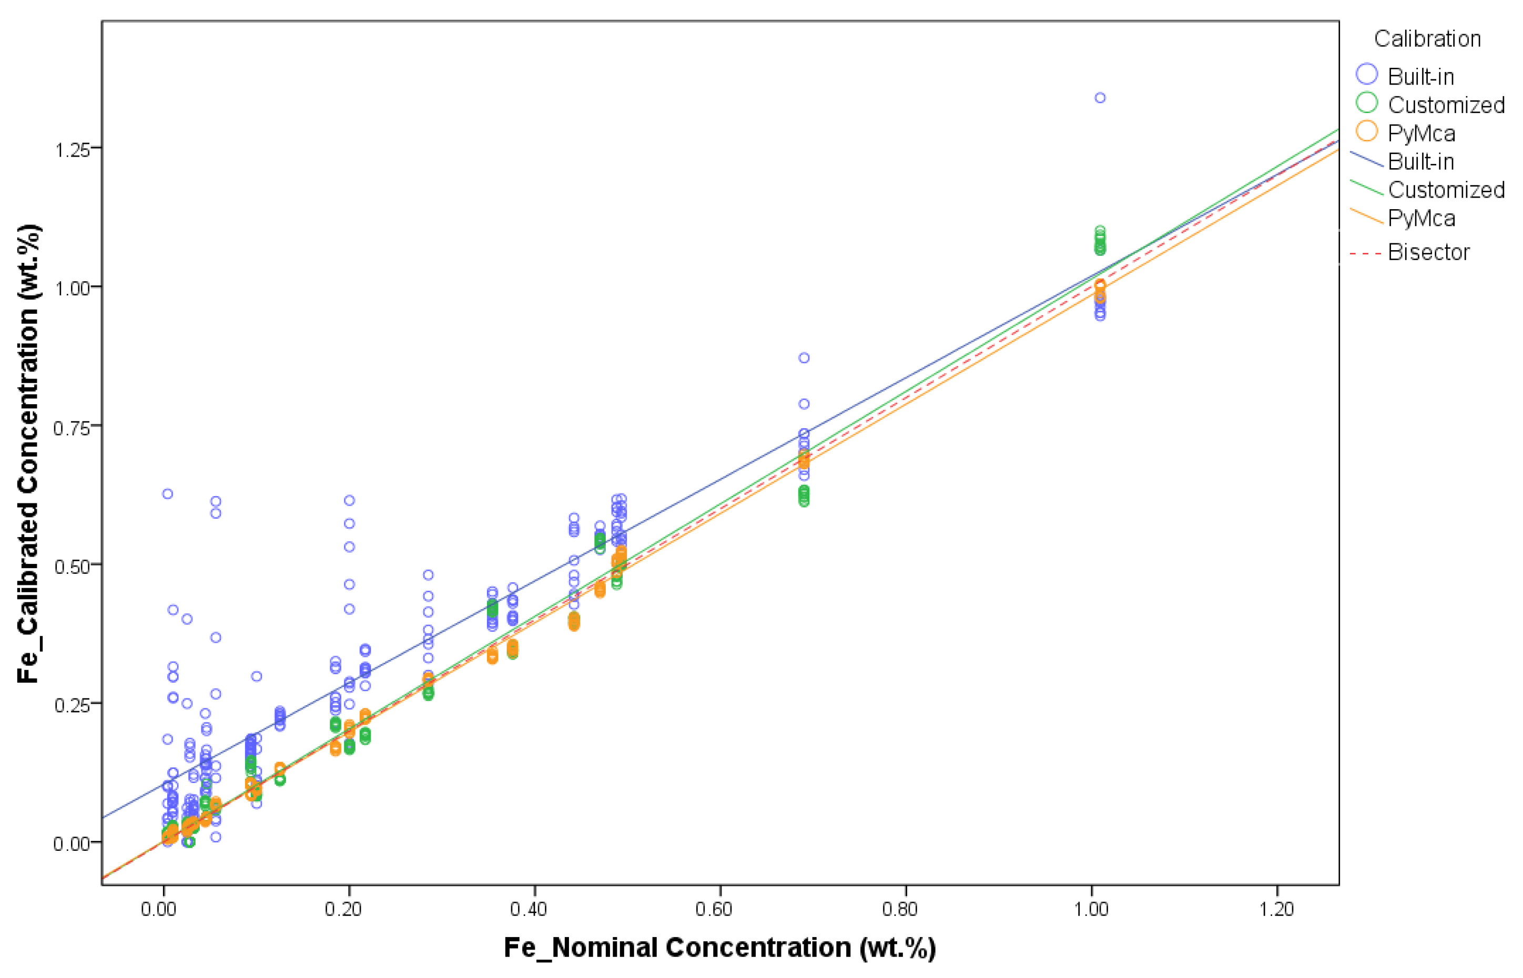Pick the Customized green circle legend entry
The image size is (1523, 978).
click(1367, 103)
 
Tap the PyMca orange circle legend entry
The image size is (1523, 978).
click(1367, 131)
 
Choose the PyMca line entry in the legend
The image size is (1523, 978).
click(1420, 218)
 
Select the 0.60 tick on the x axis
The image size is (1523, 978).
click(714, 909)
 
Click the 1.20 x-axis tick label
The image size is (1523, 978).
click(1276, 909)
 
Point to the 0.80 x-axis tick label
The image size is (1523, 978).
click(900, 909)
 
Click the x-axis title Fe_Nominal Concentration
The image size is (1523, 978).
click(719, 948)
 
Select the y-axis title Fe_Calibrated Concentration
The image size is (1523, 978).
click(28, 454)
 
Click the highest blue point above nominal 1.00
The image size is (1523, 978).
click(1100, 98)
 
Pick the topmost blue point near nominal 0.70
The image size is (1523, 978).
click(804, 358)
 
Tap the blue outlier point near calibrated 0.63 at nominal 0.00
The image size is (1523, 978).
click(168, 494)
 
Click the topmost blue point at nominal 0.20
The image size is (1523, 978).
click(349, 500)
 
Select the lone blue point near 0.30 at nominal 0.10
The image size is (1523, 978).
click(257, 676)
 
